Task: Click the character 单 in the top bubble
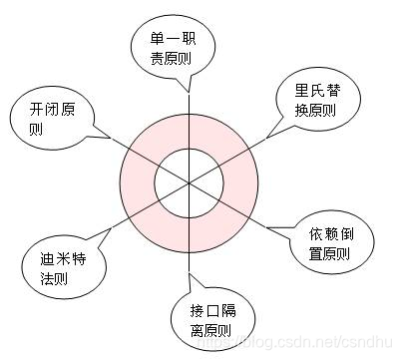tap(158, 39)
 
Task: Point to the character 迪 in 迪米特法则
tap(34, 252)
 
